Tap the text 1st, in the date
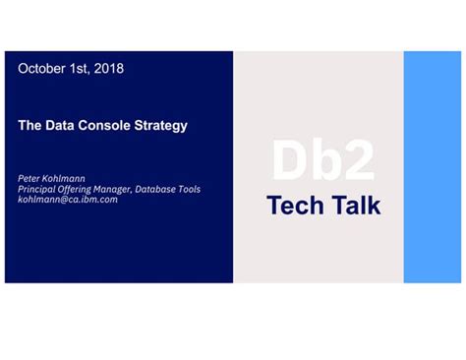coord(81,69)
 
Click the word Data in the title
coord(62,126)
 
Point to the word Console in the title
coord(106,126)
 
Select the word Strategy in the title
coord(160,126)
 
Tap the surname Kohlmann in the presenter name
coord(65,179)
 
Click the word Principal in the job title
coord(37,189)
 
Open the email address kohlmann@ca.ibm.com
coord(68,199)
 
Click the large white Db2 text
coord(322,161)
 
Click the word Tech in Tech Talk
coord(294,206)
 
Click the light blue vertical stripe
coord(433,167)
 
